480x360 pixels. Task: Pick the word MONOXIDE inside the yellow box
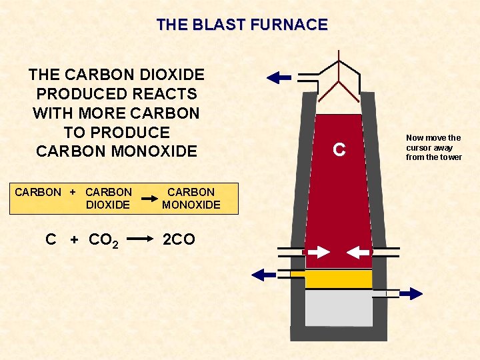point(191,205)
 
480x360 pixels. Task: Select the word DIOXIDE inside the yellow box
point(108,205)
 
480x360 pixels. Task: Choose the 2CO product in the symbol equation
point(179,239)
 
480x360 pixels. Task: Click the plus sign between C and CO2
point(74,239)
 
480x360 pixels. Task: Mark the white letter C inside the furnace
point(339,151)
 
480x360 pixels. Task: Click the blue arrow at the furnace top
point(279,78)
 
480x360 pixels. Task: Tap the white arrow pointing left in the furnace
point(359,253)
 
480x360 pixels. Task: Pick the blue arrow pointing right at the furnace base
point(411,293)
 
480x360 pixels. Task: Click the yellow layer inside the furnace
point(339,279)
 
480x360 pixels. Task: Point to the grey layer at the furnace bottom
point(339,308)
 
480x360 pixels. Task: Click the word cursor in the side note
point(420,147)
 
